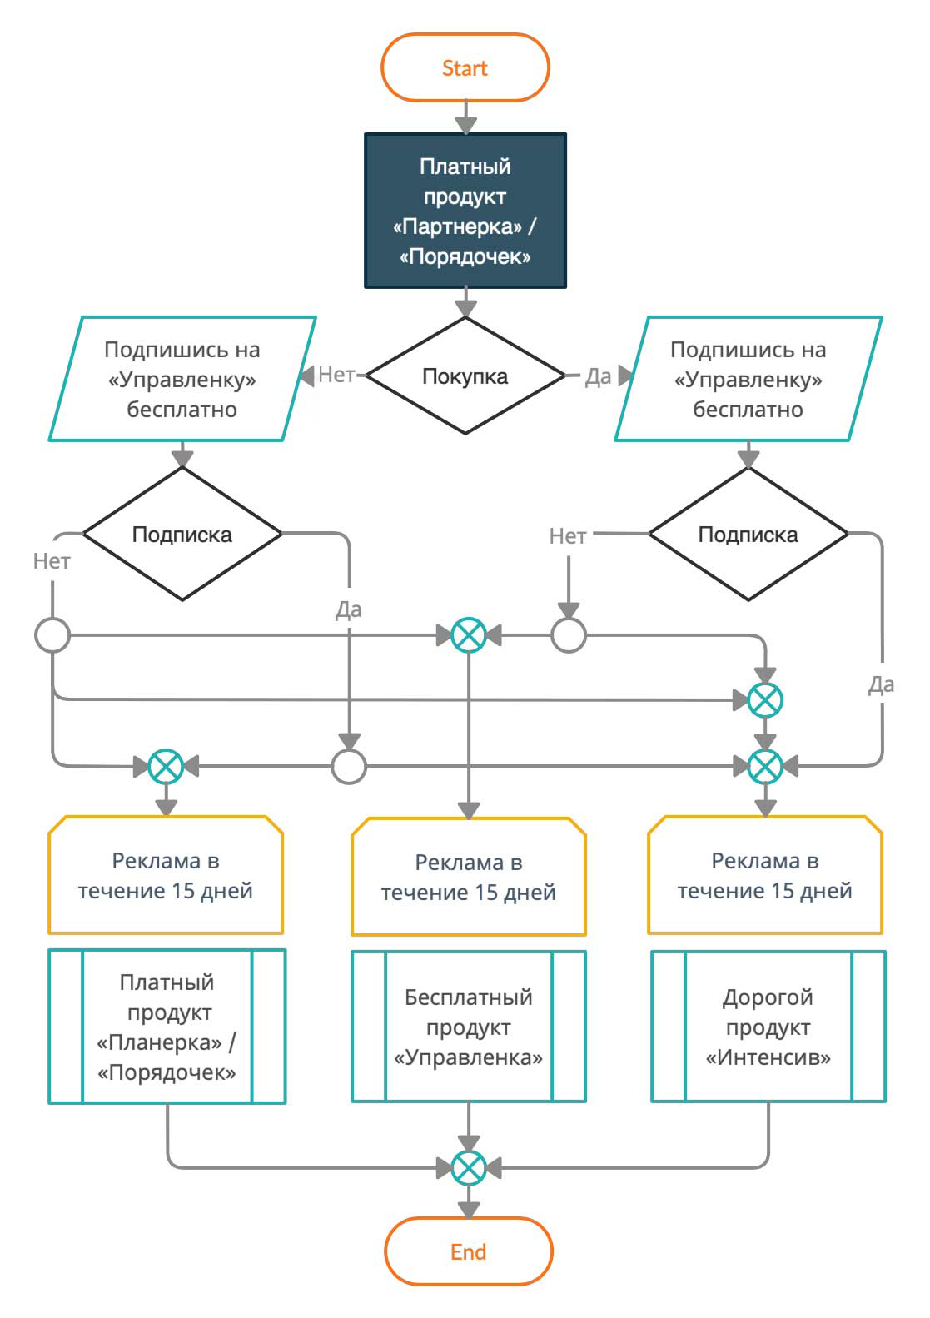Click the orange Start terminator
[465, 67]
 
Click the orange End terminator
[468, 1251]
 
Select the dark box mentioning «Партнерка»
[465, 211]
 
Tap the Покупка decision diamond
[465, 376]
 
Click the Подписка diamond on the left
[182, 534]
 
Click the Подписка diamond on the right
[748, 534]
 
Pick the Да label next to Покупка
[598, 376]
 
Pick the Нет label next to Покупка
[336, 375]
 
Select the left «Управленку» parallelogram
[182, 379]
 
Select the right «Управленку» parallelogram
[748, 379]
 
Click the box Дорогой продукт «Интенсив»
[768, 1027]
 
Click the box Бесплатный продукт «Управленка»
[468, 1027]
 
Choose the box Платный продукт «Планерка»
[167, 1027]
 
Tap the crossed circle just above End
[468, 1168]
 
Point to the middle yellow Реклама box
[468, 877]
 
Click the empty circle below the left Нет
[52, 635]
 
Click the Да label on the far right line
[881, 684]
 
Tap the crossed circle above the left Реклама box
[166, 766]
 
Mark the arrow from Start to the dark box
[465, 117]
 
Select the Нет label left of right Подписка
[567, 536]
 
